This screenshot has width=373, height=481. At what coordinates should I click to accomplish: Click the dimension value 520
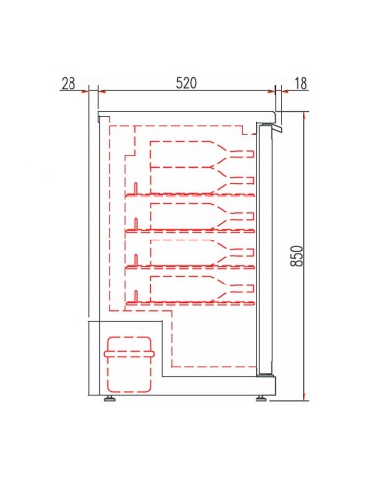(x=185, y=83)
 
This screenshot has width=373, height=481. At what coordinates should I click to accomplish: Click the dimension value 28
(x=68, y=83)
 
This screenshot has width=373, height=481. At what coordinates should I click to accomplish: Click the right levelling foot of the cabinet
(x=262, y=398)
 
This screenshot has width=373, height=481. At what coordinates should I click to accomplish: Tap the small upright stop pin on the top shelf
(x=135, y=188)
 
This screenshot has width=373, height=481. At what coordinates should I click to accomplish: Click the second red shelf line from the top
(x=191, y=230)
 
